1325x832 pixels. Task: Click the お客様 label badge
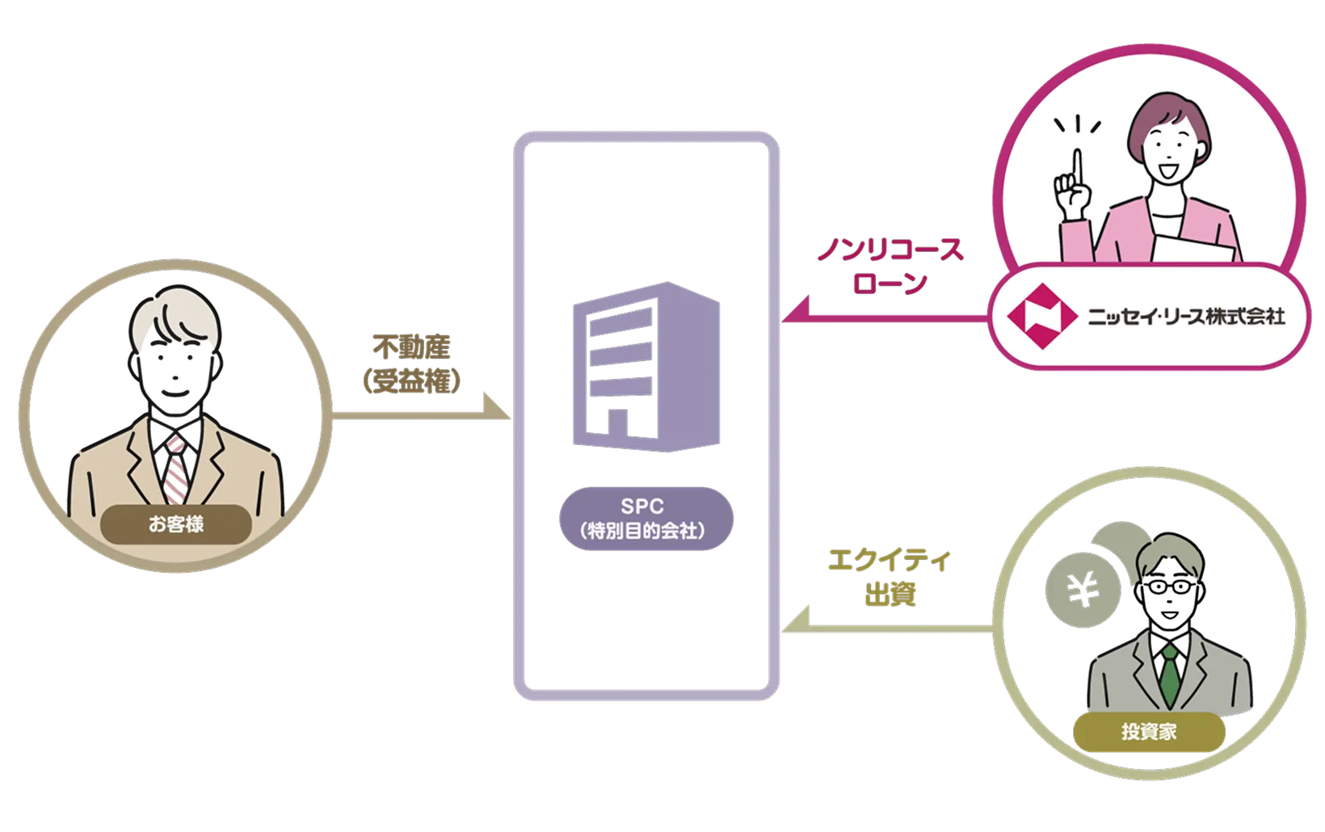(x=176, y=524)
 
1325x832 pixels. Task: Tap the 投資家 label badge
(x=1148, y=732)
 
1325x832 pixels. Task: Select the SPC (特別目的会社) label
(x=646, y=519)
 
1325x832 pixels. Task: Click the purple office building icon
(x=645, y=365)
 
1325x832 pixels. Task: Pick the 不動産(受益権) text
(x=412, y=364)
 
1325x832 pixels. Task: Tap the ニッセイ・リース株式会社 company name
(x=1186, y=315)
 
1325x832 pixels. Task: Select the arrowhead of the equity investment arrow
(x=795, y=621)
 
